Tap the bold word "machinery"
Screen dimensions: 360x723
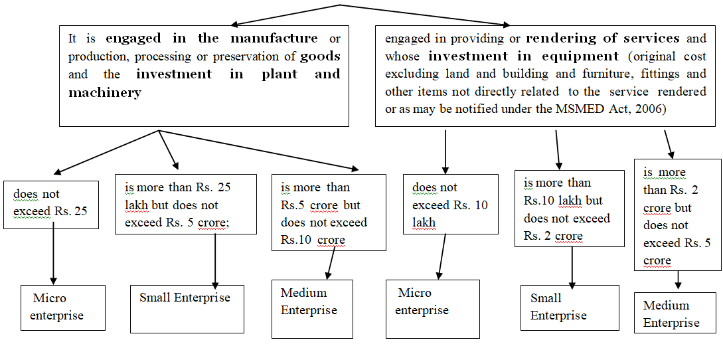(105, 93)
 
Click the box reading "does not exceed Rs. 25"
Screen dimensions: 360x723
(51, 204)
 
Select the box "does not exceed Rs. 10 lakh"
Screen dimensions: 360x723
(451, 205)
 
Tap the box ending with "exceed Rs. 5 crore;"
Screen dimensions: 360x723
(185, 205)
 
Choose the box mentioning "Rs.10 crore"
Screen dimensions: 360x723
(329, 213)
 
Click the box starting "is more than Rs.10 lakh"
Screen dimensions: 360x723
(569, 209)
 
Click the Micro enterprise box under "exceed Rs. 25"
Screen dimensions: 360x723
(62, 308)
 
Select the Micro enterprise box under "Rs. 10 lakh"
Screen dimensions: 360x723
(432, 309)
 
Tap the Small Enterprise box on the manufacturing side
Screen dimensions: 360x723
(187, 308)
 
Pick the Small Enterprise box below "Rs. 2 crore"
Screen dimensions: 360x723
(569, 308)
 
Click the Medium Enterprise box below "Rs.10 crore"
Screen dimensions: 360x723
(312, 309)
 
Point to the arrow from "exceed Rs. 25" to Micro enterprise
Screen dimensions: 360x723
(53, 256)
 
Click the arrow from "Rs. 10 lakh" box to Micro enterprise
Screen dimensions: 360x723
(441, 256)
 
